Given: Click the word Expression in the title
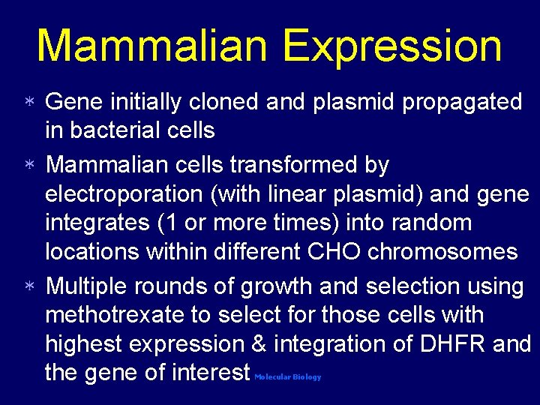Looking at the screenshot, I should click(393, 46).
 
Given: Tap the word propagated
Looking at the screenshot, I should click(463, 103).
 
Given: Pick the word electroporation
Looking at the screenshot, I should click(124, 193).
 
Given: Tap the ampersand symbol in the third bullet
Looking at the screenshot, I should click(259, 344).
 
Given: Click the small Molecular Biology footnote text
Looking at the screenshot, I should click(287, 377).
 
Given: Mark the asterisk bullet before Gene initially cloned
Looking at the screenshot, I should click(27, 103).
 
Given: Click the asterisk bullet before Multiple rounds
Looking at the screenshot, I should click(27, 287).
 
